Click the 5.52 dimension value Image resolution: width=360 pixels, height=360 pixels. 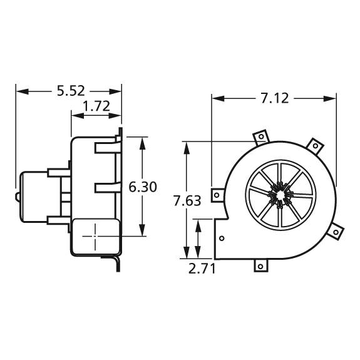[70, 91]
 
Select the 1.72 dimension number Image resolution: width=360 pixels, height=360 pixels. [96, 106]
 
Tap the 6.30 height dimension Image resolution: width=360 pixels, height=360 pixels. [143, 187]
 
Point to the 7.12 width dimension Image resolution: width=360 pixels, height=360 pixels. [274, 98]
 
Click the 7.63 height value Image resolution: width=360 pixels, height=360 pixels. [187, 200]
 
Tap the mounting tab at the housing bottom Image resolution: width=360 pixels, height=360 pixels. [260, 265]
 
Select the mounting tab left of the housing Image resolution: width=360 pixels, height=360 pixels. [217, 195]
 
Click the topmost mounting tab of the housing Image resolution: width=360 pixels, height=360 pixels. [260, 136]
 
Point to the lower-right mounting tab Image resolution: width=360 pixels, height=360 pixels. [337, 232]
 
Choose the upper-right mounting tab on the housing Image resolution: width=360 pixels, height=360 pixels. [316, 147]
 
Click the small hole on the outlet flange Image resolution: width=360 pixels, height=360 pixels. [222, 238]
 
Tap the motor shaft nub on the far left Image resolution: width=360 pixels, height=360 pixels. [17, 196]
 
